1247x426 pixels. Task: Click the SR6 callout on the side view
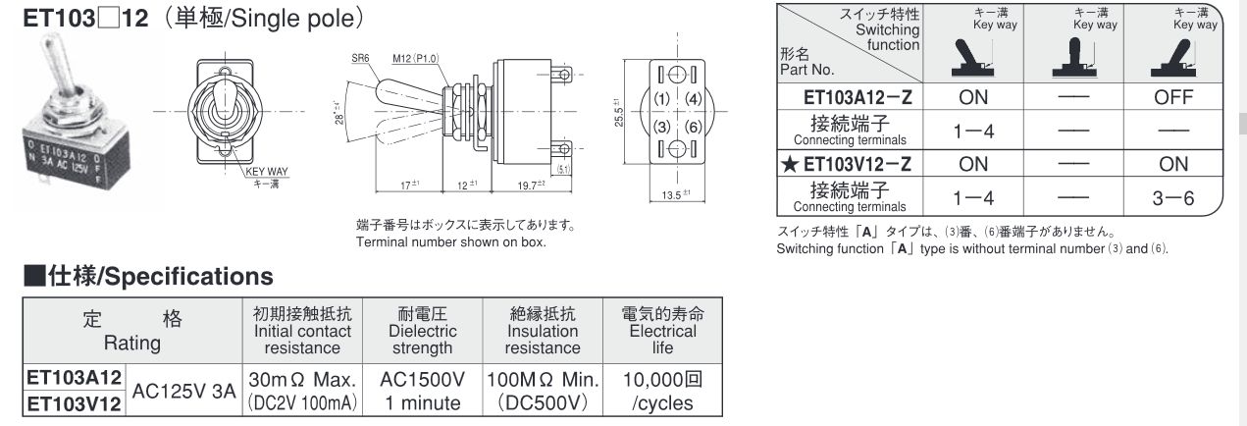click(360, 57)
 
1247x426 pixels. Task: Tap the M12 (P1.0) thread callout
click(414, 57)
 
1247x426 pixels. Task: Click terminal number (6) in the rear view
click(692, 128)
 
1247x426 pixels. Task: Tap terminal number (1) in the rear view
click(661, 99)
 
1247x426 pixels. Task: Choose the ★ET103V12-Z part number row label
click(850, 164)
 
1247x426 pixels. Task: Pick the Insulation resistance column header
click(543, 331)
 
